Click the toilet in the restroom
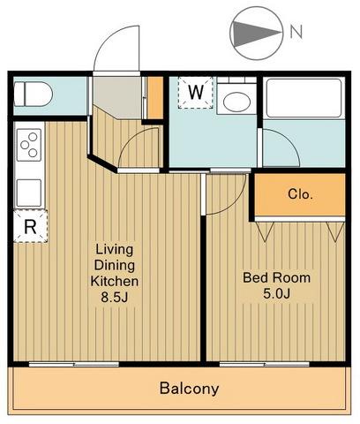(34, 95)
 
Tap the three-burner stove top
(29, 145)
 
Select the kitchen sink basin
(29, 193)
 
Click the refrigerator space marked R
(30, 226)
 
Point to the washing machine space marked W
(195, 93)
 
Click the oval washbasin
(236, 102)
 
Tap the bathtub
(304, 98)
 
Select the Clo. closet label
(300, 194)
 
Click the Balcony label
(189, 388)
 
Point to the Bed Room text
(276, 277)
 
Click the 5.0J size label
(276, 293)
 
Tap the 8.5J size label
(115, 297)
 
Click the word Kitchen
(115, 281)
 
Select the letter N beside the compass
(296, 32)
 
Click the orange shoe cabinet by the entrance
(154, 98)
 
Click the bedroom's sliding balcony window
(264, 365)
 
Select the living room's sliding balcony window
(74, 365)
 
